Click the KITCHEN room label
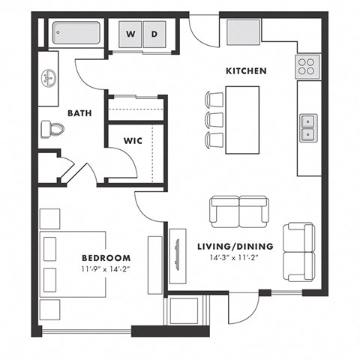click(247, 71)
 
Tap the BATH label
click(79, 113)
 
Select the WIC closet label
click(133, 139)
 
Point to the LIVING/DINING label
click(235, 247)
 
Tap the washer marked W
click(131, 34)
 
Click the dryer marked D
click(154, 34)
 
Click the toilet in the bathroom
click(54, 129)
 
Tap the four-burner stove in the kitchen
click(307, 67)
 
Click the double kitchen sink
click(308, 127)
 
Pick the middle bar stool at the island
click(214, 120)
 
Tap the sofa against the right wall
click(299, 251)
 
